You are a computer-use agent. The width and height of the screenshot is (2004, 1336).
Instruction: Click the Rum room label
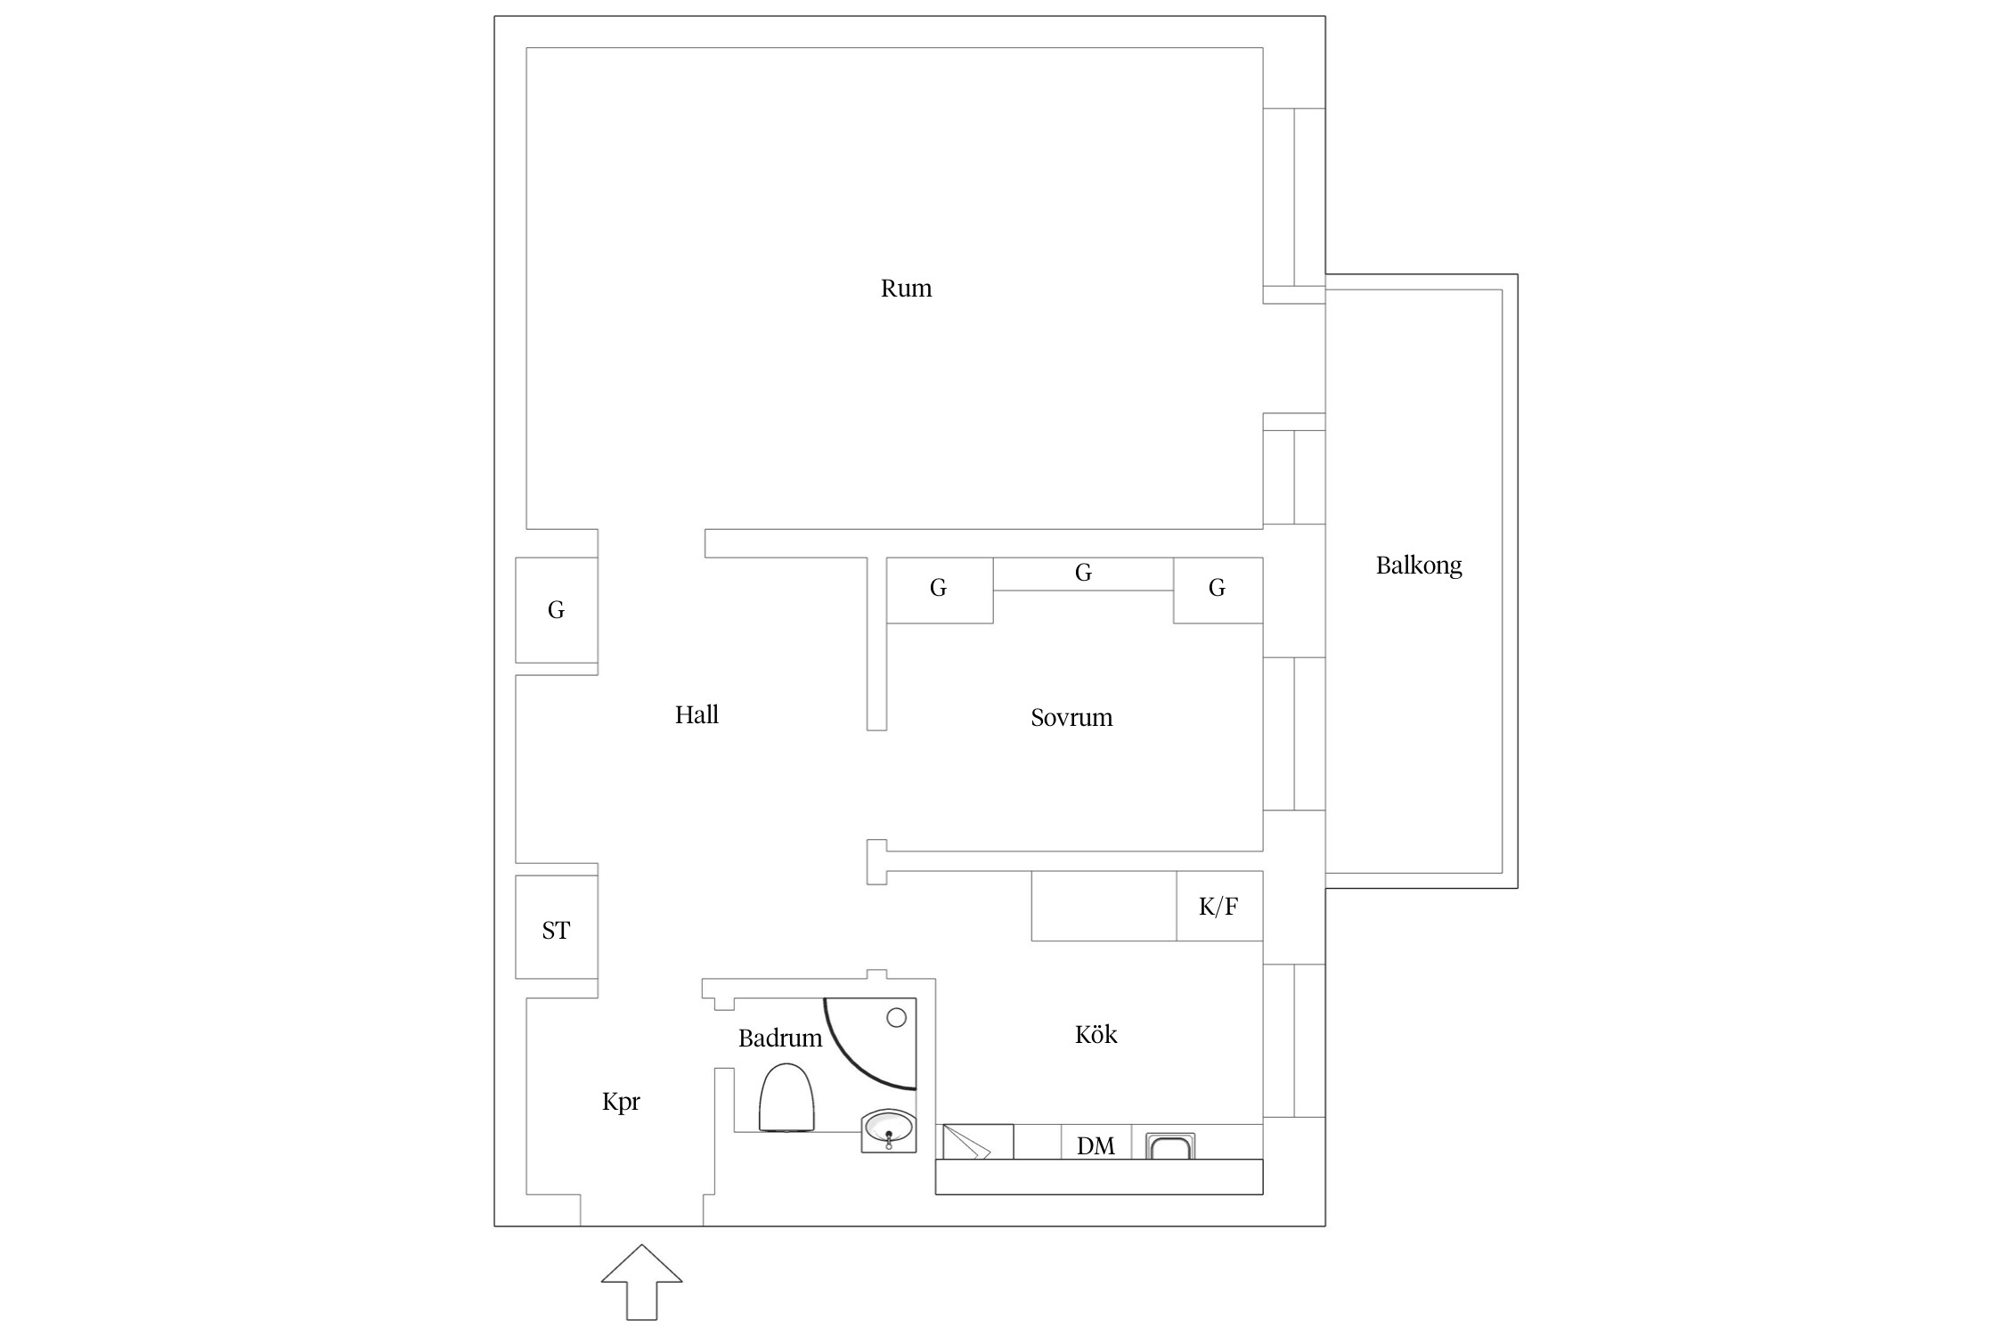pyautogui.click(x=906, y=289)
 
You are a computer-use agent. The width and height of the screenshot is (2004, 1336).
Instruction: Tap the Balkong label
pyautogui.click(x=1419, y=566)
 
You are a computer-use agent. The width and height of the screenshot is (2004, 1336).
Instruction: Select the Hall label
pyautogui.click(x=697, y=714)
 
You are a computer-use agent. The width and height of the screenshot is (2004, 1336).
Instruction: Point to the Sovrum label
pyautogui.click(x=1071, y=718)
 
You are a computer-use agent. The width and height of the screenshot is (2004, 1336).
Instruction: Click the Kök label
pyautogui.click(x=1096, y=1034)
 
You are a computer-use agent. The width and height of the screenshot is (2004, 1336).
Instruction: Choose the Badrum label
pyautogui.click(x=780, y=1038)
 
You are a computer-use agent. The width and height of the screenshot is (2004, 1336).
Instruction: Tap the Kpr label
pyautogui.click(x=621, y=1103)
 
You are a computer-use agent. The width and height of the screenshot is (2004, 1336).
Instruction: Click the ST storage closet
pyautogui.click(x=557, y=927)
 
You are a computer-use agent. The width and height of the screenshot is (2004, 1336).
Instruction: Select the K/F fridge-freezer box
pyautogui.click(x=1219, y=906)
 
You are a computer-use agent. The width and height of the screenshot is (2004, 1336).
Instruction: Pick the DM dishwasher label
pyautogui.click(x=1096, y=1145)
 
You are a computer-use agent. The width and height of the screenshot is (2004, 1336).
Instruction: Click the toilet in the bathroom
pyautogui.click(x=786, y=1097)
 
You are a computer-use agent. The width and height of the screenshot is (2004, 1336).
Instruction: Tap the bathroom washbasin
pyautogui.click(x=889, y=1130)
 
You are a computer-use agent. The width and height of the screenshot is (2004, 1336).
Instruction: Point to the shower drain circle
pyautogui.click(x=897, y=1017)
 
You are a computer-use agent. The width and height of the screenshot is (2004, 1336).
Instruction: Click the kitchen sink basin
pyautogui.click(x=1169, y=1146)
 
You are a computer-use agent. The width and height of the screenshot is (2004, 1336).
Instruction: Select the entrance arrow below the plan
pyautogui.click(x=641, y=1283)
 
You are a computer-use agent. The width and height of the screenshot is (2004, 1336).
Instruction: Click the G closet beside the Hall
pyautogui.click(x=557, y=610)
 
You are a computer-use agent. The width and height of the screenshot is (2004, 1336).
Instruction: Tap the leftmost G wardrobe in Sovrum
pyautogui.click(x=940, y=590)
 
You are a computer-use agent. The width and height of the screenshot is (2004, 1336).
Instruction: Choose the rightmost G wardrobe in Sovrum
pyautogui.click(x=1218, y=590)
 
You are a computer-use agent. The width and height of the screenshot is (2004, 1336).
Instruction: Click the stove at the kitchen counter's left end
pyautogui.click(x=978, y=1142)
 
